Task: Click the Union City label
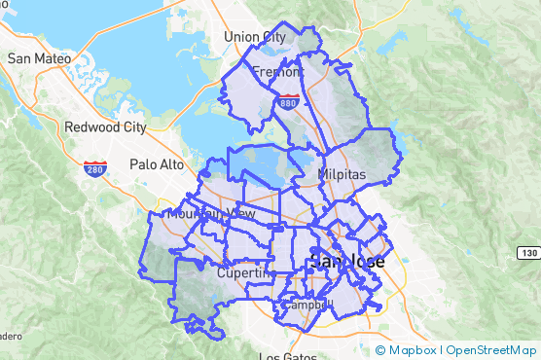click(255, 37)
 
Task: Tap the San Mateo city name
click(40, 58)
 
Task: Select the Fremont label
click(278, 72)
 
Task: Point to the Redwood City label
click(105, 126)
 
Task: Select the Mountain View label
click(211, 213)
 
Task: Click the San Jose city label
click(346, 263)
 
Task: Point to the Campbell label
click(303, 305)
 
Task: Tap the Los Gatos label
click(287, 356)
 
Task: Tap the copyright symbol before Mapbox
click(380, 349)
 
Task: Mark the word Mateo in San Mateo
click(54, 58)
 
